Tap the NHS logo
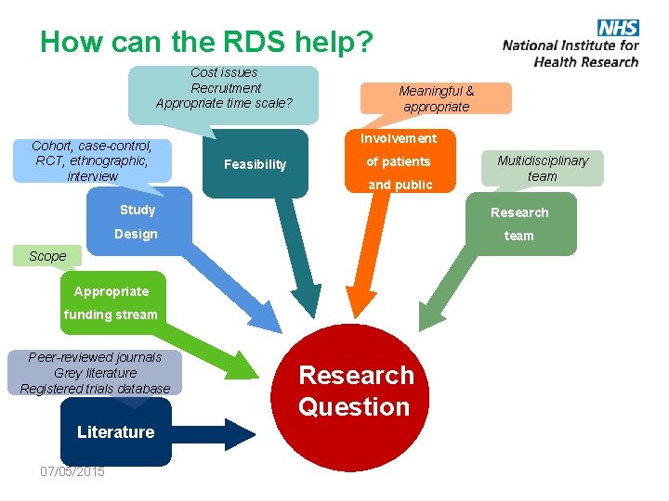click(617, 28)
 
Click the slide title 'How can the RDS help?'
click(206, 42)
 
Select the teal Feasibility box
click(255, 164)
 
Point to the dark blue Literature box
click(115, 432)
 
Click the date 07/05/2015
click(72, 471)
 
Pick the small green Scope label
click(47, 256)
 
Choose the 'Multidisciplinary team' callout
click(542, 168)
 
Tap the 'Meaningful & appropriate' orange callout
click(436, 98)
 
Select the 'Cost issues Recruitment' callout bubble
click(224, 87)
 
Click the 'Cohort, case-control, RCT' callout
click(92, 161)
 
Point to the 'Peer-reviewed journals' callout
click(95, 373)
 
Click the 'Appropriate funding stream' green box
click(111, 302)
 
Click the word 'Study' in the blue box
click(137, 210)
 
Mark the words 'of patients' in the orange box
click(399, 161)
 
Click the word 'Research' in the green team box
click(519, 212)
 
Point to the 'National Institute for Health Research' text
click(571, 53)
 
